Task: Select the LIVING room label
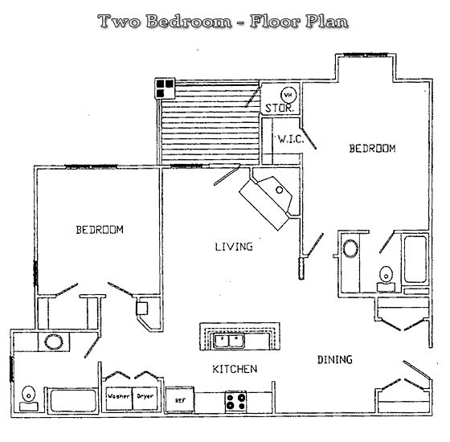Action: click(233, 247)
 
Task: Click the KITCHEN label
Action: click(234, 369)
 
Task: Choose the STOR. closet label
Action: click(280, 107)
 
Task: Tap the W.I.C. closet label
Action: click(289, 139)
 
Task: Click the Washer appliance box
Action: click(119, 398)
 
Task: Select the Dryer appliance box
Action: click(145, 398)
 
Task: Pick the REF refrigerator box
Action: click(180, 399)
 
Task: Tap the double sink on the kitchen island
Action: click(230, 341)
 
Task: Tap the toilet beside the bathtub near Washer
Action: click(29, 395)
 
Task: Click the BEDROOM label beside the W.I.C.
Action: click(372, 149)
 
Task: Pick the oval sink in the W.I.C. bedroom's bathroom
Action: click(350, 248)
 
